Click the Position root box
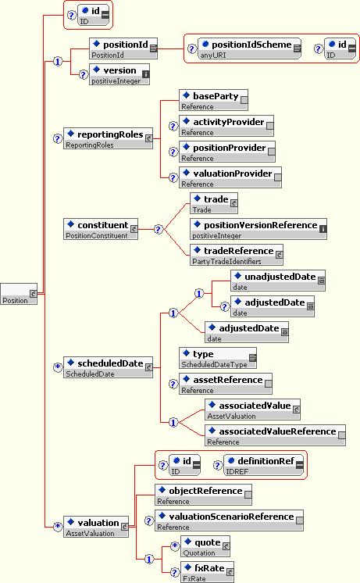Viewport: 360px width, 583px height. pos(19,294)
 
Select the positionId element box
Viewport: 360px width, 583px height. pos(123,48)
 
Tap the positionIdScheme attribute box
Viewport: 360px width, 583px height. pos(249,48)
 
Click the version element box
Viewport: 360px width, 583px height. pos(119,74)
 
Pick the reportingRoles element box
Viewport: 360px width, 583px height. pos(108,138)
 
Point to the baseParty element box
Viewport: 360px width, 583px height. pos(214,100)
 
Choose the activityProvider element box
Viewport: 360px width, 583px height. pos(226,126)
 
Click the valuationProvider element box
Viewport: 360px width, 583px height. pos(230,177)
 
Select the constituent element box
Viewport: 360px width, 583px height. pos(101,229)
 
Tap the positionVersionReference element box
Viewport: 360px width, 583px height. pos(258,229)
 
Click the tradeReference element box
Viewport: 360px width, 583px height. pos(237,255)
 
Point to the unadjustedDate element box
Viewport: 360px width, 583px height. pos(278,281)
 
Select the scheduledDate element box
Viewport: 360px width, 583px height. pos(108,367)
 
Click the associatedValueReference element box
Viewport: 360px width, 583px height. pos(276,435)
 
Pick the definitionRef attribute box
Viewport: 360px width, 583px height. pos(263,465)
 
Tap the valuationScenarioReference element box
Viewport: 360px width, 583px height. pos(230,520)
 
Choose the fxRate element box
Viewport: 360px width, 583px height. pos(207,572)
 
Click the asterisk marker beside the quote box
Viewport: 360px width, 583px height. pos(175,546)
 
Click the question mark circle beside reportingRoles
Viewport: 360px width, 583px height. pos(57,138)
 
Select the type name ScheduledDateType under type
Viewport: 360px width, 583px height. pos(214,364)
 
